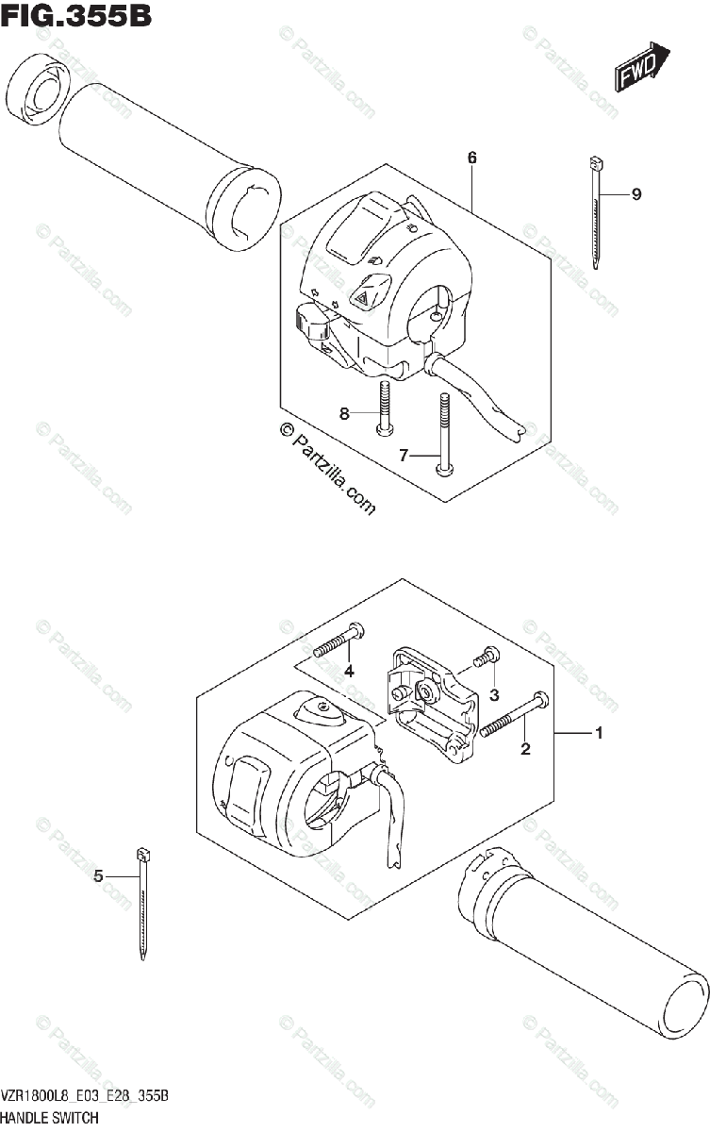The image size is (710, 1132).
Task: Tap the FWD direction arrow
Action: pyautogui.click(x=643, y=68)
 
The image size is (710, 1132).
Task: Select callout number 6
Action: pyautogui.click(x=471, y=158)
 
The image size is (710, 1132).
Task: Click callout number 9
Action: pyautogui.click(x=636, y=194)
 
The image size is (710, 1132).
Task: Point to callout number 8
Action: pyautogui.click(x=344, y=413)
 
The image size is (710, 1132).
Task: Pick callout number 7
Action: pyautogui.click(x=403, y=456)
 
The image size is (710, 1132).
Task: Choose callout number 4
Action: pyautogui.click(x=348, y=671)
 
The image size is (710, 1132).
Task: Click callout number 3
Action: pyautogui.click(x=493, y=695)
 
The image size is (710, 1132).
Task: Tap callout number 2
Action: pyautogui.click(x=525, y=750)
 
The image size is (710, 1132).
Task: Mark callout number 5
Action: pyautogui.click(x=98, y=876)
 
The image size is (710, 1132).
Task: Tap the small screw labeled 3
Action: pyautogui.click(x=487, y=660)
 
